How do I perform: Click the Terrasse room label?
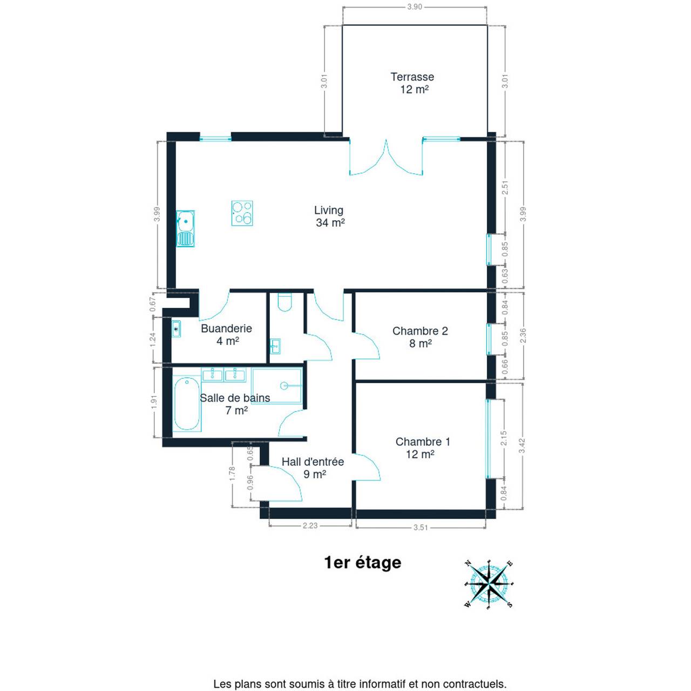(412, 77)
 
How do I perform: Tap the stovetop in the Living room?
(242, 213)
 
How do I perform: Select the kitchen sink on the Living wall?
(185, 228)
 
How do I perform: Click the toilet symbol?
(286, 302)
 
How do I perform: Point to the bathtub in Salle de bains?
(186, 404)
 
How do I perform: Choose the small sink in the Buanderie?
(175, 329)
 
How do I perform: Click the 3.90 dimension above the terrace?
(415, 7)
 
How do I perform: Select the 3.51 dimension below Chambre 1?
(421, 527)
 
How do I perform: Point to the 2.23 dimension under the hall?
(310, 525)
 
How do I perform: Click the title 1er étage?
(363, 563)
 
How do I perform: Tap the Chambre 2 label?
(420, 330)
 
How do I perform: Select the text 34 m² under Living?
(330, 222)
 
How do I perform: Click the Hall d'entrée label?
(313, 462)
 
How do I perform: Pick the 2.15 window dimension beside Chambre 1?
(504, 438)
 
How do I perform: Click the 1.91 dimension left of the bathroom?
(154, 402)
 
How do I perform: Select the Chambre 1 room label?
(422, 442)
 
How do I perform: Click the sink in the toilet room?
(275, 346)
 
